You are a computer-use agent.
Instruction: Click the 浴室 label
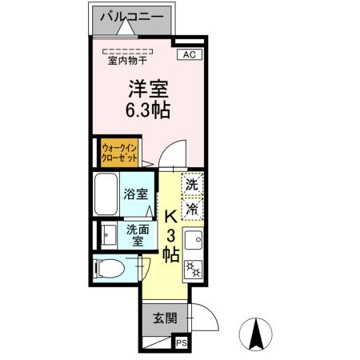[x=134, y=194]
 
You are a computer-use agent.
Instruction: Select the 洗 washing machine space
[x=192, y=184]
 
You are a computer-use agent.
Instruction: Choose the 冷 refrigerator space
[x=192, y=209]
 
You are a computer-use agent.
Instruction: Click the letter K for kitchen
[x=170, y=216]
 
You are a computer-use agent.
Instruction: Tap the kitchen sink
[x=192, y=239]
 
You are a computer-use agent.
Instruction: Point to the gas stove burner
[x=192, y=269]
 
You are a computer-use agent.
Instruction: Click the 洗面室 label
[x=136, y=234]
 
